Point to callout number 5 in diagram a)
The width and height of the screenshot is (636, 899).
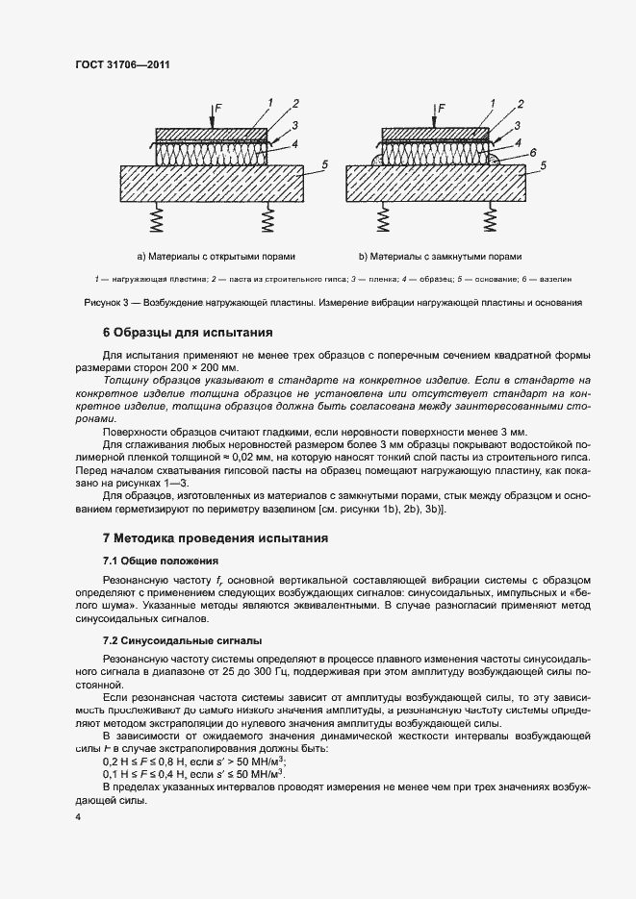coord(325,165)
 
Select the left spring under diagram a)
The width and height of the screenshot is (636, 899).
coord(156,222)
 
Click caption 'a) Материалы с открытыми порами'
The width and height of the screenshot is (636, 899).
coord(216,257)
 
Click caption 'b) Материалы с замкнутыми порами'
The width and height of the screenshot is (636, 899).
coord(440,257)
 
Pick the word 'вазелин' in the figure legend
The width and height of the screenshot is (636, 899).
coord(556,279)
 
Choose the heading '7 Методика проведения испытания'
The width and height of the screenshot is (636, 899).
coord(216,537)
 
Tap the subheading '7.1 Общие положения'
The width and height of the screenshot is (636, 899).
coord(162,560)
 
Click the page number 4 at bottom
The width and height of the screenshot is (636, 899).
coord(77,816)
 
